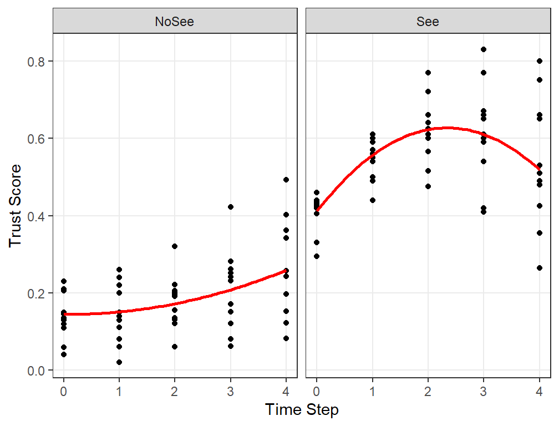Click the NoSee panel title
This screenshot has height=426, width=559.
(174, 22)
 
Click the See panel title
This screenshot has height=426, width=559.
(428, 22)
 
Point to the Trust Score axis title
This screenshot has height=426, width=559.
(15, 206)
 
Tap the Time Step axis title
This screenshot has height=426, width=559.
(302, 410)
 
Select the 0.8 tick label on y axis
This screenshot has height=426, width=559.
(37, 62)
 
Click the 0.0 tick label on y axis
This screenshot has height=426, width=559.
(37, 371)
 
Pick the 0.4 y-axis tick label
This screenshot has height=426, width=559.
(37, 216)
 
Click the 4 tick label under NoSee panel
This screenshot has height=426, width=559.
(286, 392)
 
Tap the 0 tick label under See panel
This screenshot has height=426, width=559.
(317, 392)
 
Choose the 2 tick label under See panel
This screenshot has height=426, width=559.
(428, 392)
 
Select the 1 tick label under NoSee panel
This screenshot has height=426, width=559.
(119, 392)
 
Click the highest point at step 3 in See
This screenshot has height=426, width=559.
(484, 49)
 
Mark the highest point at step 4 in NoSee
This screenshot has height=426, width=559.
(286, 180)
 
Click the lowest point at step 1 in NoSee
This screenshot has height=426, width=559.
(119, 362)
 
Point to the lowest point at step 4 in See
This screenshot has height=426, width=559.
(540, 268)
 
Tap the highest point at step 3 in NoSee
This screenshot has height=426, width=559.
(230, 207)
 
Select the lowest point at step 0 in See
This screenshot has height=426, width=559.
(317, 256)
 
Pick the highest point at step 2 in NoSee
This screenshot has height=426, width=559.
(175, 246)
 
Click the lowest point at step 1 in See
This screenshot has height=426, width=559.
(373, 200)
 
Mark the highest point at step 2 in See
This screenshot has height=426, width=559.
(428, 73)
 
